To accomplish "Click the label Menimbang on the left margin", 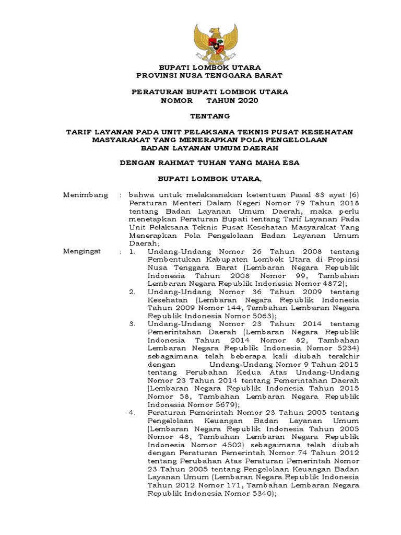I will click(x=86, y=195).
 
